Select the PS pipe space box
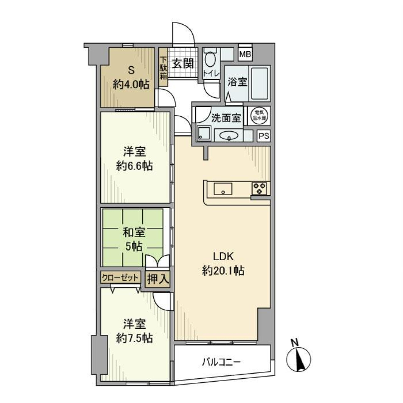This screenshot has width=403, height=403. [x=263, y=136]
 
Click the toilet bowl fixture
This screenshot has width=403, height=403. [x=209, y=60]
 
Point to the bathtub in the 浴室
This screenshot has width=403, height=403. [x=258, y=83]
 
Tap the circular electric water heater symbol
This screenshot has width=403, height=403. [x=257, y=115]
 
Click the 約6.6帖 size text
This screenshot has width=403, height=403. [x=134, y=166]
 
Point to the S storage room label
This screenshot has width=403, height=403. [x=130, y=71]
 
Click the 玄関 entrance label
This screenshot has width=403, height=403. [x=183, y=64]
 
